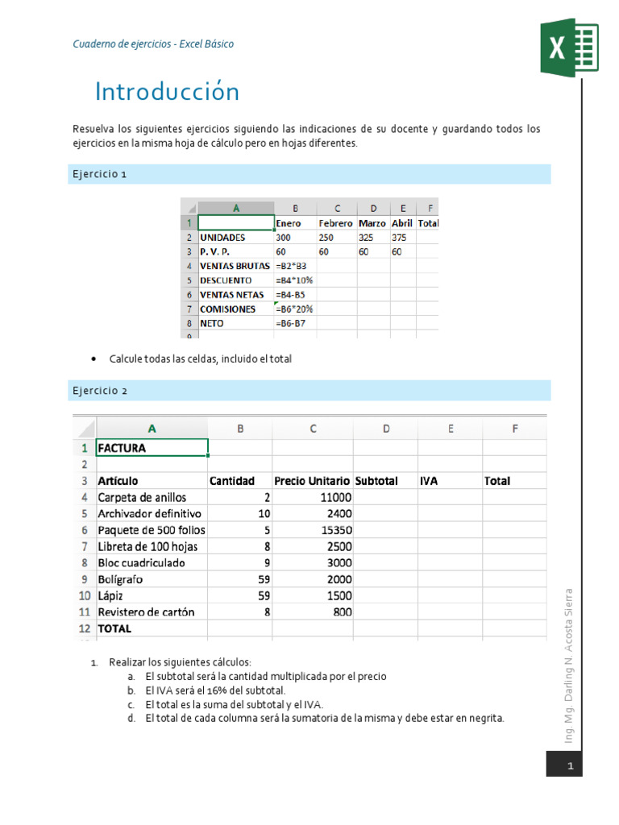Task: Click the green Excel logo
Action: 569,48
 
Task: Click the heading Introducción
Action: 167,92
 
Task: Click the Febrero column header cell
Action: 335,223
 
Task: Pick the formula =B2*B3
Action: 293,266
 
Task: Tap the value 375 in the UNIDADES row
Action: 400,238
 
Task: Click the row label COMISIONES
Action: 228,309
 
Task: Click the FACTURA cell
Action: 123,448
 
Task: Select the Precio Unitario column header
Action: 312,481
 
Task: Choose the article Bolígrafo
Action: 121,579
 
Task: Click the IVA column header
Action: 429,481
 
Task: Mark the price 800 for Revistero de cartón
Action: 341,611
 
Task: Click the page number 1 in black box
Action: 570,765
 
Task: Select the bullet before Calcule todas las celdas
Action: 95,359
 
